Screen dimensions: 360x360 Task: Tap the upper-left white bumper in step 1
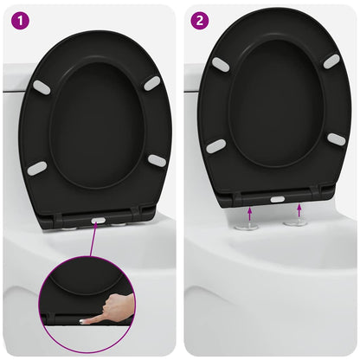41,87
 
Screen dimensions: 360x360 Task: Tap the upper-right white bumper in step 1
152,82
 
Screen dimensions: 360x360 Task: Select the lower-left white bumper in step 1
36,168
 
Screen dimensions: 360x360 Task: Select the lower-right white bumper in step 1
157,160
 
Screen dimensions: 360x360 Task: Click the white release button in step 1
99,222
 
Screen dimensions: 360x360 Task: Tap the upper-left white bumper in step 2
221,65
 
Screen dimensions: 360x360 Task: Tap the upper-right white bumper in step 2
331,61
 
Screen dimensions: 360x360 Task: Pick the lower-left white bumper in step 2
215,146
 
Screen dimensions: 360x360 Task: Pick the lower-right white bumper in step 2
337,139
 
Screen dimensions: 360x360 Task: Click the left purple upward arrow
249,212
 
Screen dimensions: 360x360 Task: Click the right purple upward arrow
299,210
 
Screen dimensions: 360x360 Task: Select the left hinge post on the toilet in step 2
249,227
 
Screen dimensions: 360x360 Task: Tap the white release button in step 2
277,199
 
